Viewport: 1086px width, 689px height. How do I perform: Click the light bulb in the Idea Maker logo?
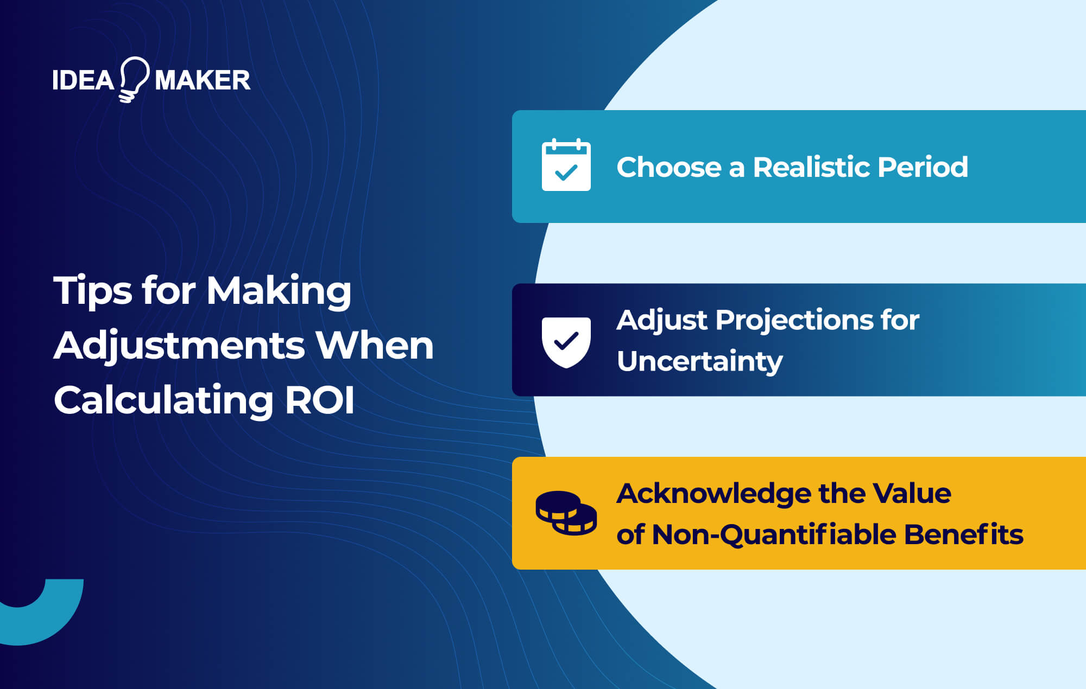(x=134, y=79)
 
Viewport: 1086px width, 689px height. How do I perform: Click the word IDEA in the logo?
(x=83, y=80)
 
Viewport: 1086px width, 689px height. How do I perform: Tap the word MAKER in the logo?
(x=203, y=80)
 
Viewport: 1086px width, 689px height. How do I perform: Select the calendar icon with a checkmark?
(x=566, y=165)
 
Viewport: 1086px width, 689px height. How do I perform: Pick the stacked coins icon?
(x=566, y=513)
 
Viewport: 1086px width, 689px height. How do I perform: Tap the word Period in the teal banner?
(x=923, y=167)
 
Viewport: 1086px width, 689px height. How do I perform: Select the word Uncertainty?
(x=699, y=361)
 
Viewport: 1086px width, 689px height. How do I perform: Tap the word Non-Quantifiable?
(x=773, y=535)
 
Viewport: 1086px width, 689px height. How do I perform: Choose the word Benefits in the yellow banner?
(x=963, y=534)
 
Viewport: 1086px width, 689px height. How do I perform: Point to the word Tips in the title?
(x=92, y=291)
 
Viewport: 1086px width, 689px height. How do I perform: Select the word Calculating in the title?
(x=163, y=400)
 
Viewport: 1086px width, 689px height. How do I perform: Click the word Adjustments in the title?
(x=180, y=346)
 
